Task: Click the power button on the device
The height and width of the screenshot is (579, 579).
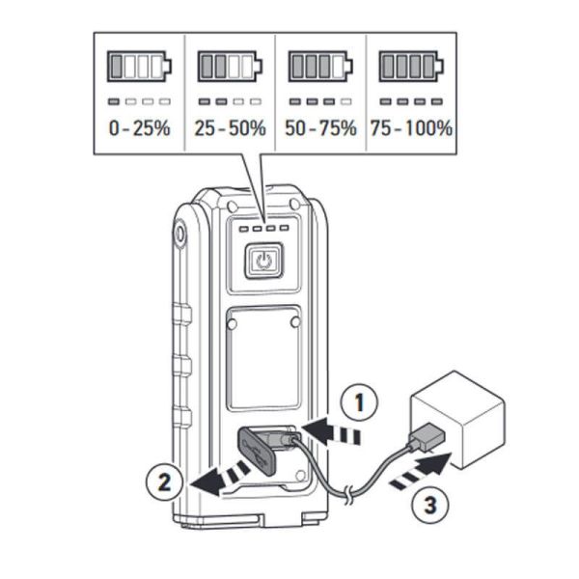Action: tap(264, 262)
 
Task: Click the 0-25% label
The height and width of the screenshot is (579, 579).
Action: tap(139, 128)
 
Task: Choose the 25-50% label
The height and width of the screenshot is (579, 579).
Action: tap(230, 128)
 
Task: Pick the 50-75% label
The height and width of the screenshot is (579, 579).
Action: tap(321, 128)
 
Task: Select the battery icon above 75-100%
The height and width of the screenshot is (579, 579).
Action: tap(411, 66)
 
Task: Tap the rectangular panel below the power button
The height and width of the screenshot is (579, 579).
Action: tap(263, 356)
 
